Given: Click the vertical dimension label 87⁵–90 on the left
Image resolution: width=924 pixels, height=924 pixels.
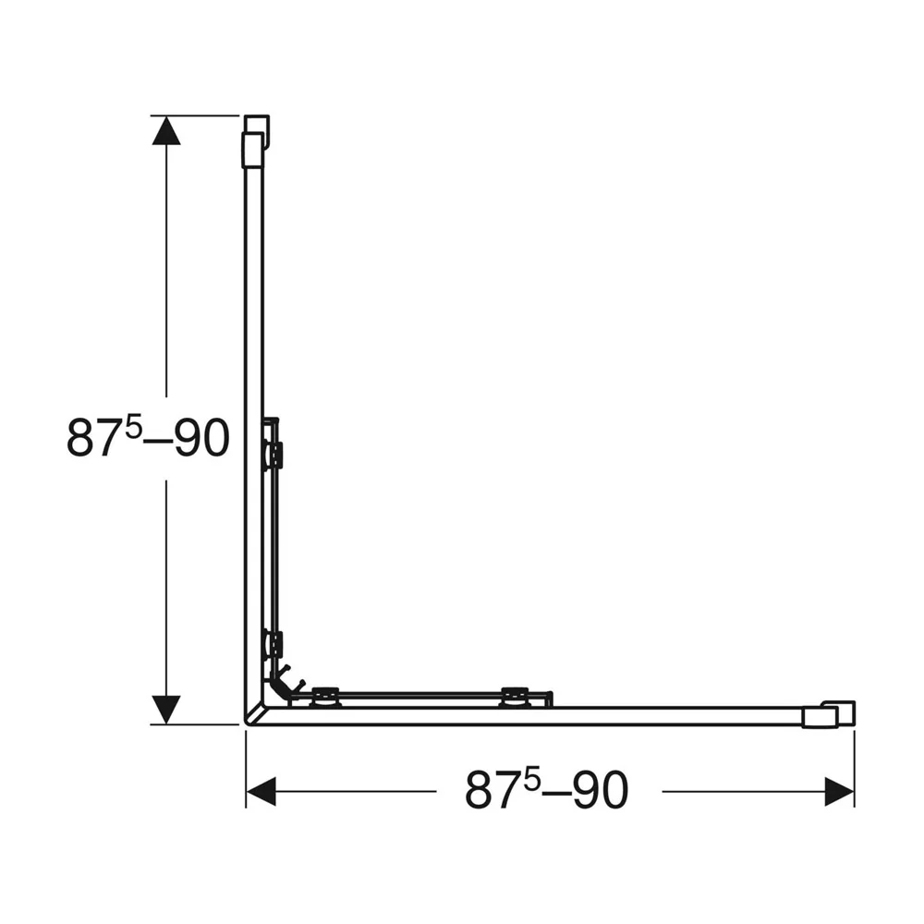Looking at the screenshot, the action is click(147, 438).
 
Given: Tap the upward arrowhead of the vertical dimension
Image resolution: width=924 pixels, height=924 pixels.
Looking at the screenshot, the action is click(166, 130).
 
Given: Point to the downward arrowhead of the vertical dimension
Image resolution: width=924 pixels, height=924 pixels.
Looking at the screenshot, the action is click(166, 710).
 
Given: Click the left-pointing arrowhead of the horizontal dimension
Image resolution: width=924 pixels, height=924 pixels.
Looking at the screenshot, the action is click(261, 792).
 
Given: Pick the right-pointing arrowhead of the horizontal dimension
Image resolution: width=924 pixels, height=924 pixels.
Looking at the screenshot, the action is click(839, 792).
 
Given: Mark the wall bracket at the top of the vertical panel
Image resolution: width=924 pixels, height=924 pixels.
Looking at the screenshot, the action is click(255, 141).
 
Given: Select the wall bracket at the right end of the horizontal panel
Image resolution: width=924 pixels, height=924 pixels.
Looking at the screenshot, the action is click(828, 714).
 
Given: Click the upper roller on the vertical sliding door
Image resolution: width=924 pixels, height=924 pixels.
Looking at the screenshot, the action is click(274, 455).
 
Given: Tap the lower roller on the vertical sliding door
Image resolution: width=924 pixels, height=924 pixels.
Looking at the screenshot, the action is click(274, 644).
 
